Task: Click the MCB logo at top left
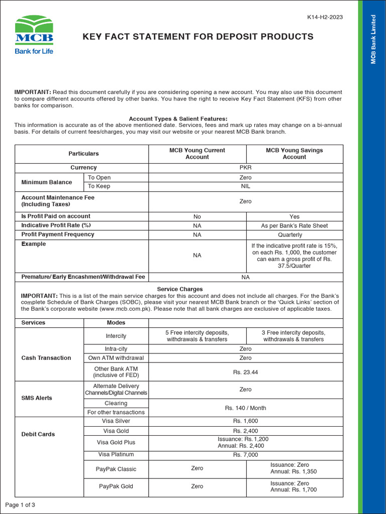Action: tap(34, 34)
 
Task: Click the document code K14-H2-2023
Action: tap(325, 17)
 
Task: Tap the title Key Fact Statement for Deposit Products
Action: tap(198, 37)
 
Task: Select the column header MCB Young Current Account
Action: tap(197, 154)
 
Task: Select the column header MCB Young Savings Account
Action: tap(294, 154)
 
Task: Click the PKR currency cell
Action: tap(245, 168)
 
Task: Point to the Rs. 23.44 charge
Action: tap(245, 372)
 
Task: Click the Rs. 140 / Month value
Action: tap(245, 408)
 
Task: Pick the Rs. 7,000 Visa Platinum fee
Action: tap(245, 455)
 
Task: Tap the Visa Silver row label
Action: tap(116, 421)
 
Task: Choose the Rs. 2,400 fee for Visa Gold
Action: tap(245, 431)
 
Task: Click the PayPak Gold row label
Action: tap(116, 486)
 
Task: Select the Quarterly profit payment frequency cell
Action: tap(294, 235)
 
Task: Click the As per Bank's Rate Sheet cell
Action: tap(294, 226)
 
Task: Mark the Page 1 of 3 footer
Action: tap(20, 504)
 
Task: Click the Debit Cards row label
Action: tap(38, 434)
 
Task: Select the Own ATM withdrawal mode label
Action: tap(116, 358)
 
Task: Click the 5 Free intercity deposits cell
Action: tap(197, 336)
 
